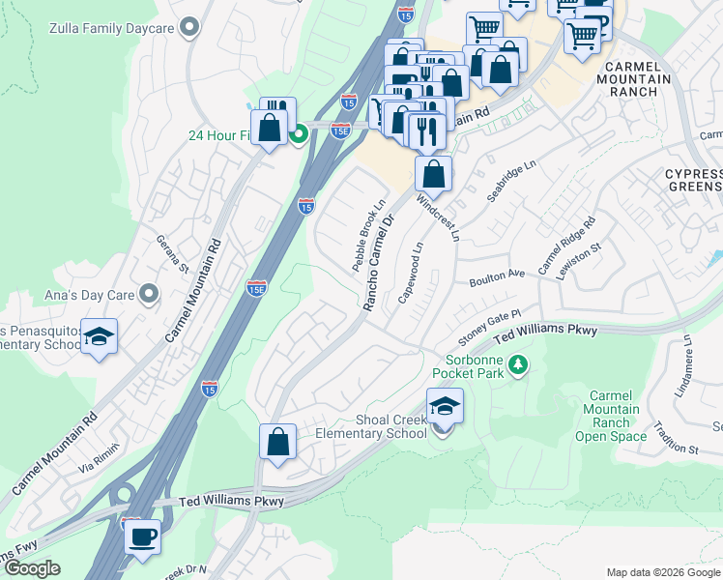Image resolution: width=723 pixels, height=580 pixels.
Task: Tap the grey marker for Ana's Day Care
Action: (148, 292)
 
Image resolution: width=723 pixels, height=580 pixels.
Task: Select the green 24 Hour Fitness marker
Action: (300, 133)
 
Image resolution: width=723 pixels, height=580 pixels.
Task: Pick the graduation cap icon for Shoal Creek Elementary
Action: (444, 407)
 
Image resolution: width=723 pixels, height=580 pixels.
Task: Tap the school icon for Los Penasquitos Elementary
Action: (99, 337)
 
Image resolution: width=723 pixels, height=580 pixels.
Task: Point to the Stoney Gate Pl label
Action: (489, 321)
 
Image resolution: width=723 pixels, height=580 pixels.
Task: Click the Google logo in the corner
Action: (32, 568)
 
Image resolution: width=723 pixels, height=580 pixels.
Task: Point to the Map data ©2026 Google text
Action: (662, 571)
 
